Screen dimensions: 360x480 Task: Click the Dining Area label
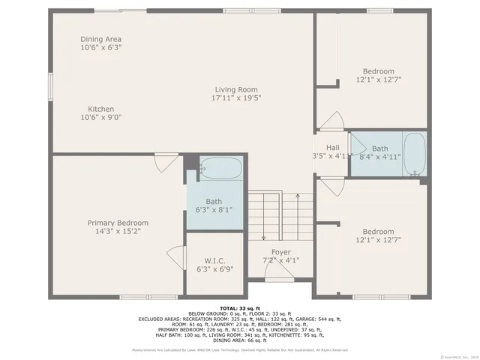[101, 39]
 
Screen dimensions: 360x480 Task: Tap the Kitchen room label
[101, 109]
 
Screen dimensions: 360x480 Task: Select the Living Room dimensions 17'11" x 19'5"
[235, 98]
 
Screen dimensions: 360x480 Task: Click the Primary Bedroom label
[118, 223]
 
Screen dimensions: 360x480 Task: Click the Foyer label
[281, 252]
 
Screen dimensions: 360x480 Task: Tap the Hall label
[332, 148]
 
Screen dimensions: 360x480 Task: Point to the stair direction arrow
[298, 210]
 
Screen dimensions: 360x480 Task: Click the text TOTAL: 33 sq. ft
[239, 308]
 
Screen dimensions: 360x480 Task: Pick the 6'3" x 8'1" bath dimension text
[214, 211]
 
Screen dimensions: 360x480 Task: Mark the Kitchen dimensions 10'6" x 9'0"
[101, 117]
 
